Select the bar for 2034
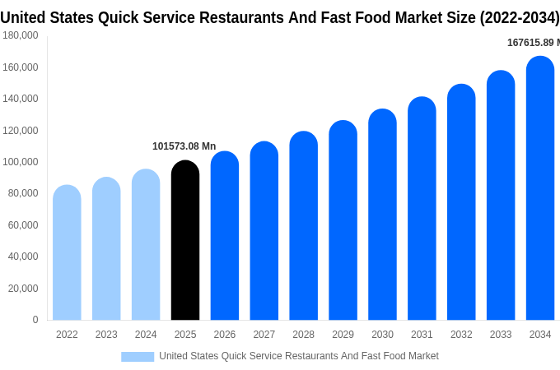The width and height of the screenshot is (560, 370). tap(540, 188)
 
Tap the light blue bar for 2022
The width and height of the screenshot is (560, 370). tap(67, 252)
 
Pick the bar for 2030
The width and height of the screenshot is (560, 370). tap(382, 215)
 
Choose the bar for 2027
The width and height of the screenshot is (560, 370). tap(264, 231)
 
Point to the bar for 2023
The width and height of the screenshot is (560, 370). tap(106, 249)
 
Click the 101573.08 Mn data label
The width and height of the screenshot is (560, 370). tap(184, 146)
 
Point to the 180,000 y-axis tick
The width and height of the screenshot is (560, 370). tap(21, 35)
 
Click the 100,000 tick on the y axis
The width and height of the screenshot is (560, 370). tap(21, 162)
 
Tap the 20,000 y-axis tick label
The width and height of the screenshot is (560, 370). tap(23, 289)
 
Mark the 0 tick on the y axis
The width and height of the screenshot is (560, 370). tap(35, 320)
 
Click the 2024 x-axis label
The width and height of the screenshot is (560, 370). tap(146, 335)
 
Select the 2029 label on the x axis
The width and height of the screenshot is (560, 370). tap(343, 335)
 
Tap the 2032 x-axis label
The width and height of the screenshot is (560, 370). tap(461, 335)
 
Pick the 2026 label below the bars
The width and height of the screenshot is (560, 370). tap(225, 335)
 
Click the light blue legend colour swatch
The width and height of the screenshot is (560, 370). tap(138, 356)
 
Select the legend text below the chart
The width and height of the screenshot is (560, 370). tap(298, 356)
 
